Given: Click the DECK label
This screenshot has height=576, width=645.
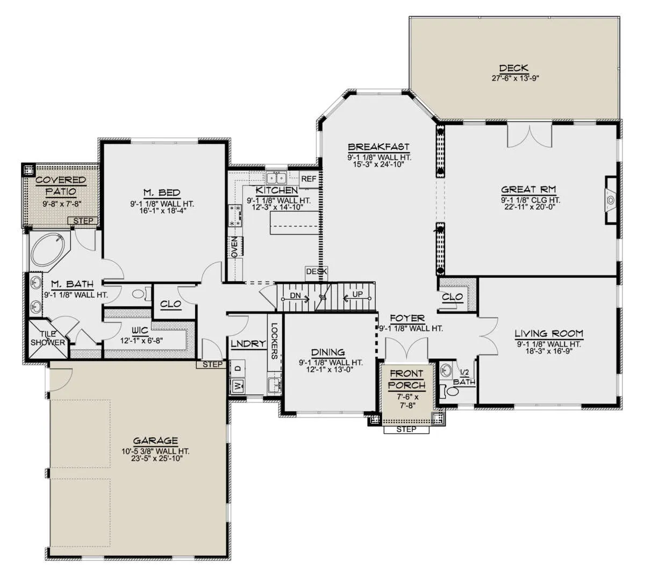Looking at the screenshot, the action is tap(513, 68).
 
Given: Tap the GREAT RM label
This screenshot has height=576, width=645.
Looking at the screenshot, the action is tap(528, 190).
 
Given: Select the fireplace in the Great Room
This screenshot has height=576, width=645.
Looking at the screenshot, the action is tap(611, 200).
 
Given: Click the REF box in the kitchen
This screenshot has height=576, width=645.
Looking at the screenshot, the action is tap(308, 179).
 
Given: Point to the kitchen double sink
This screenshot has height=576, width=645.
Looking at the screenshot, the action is tap(276, 178).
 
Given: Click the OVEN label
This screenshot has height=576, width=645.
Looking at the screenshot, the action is tap(235, 247).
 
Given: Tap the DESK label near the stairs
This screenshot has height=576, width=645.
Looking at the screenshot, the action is tap(317, 271).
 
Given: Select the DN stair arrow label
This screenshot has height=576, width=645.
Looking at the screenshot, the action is tap(295, 296).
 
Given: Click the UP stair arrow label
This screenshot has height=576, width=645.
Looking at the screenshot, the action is tap(357, 294).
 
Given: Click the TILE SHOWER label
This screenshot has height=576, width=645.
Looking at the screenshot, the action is tap(48, 338).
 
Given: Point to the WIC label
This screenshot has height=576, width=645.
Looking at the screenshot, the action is tap(140, 330).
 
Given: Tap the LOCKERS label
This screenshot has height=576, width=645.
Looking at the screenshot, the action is tap(274, 341).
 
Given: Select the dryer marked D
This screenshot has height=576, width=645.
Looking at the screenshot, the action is tap(238, 368).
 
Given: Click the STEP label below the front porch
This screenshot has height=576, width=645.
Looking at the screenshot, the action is tap(406, 429).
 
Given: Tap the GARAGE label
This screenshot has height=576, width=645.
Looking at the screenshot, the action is tap(155, 441).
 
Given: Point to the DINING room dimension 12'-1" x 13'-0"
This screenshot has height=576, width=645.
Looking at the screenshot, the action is tap(330, 370).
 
